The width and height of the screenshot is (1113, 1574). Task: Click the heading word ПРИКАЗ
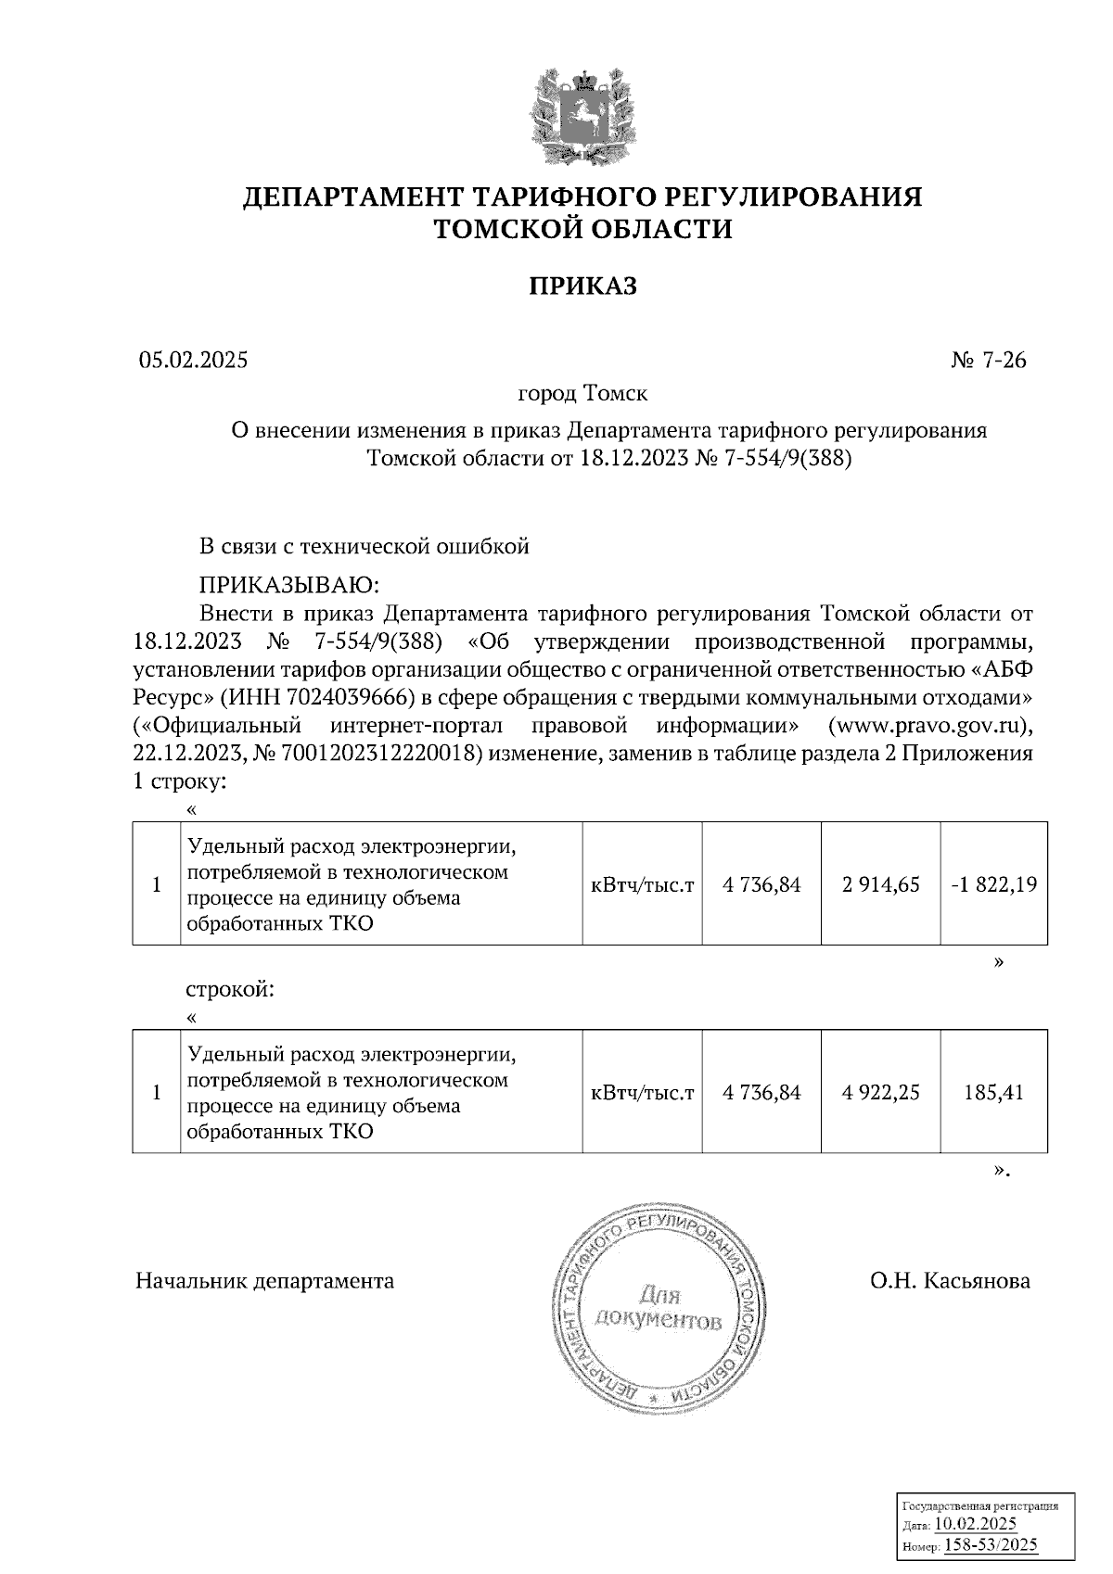pos(582,286)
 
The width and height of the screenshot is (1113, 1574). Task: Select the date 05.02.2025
pos(194,361)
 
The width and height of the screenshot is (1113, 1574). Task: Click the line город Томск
pos(582,393)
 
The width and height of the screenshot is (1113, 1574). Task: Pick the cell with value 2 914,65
pos(880,884)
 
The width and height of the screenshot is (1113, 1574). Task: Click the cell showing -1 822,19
pos(993,884)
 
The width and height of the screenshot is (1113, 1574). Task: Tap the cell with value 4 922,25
pos(880,1093)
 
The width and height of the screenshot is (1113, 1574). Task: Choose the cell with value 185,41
pos(993,1093)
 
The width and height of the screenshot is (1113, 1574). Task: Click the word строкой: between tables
pos(231,989)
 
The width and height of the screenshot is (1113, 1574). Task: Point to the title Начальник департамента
pos(264,1281)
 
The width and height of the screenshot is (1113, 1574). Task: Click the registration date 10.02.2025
pos(975,1524)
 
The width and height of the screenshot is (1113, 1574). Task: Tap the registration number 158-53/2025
pos(990,1544)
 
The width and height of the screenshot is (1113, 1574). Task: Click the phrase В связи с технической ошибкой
pos(365,547)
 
